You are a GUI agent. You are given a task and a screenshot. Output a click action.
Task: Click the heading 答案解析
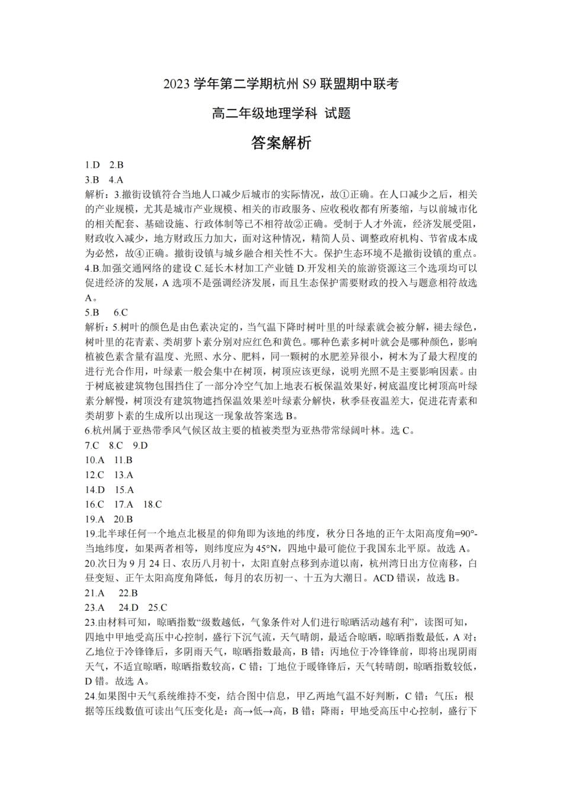pos(281,143)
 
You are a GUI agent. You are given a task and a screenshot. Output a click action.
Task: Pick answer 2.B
pos(116,165)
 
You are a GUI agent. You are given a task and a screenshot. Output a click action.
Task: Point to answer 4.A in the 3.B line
pos(116,180)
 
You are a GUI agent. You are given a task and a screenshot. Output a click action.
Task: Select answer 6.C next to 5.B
pos(121,312)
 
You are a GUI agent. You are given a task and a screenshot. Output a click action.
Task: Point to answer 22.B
pos(129,593)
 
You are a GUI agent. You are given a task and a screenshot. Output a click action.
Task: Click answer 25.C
pos(158,608)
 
